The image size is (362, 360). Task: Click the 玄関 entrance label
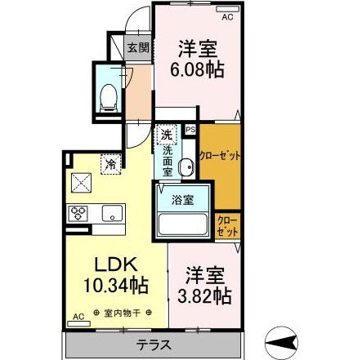(x=136, y=47)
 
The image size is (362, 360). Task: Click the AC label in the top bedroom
(x=228, y=16)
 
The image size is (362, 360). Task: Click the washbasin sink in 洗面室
(x=186, y=168)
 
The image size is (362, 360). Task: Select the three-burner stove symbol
(x=78, y=214)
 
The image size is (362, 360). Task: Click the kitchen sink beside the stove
(x=109, y=214)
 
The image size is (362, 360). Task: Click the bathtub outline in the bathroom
(x=184, y=225)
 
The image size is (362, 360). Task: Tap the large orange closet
(x=221, y=160)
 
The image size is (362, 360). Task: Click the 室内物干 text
(x=120, y=311)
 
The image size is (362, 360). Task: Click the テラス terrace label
(x=153, y=344)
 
